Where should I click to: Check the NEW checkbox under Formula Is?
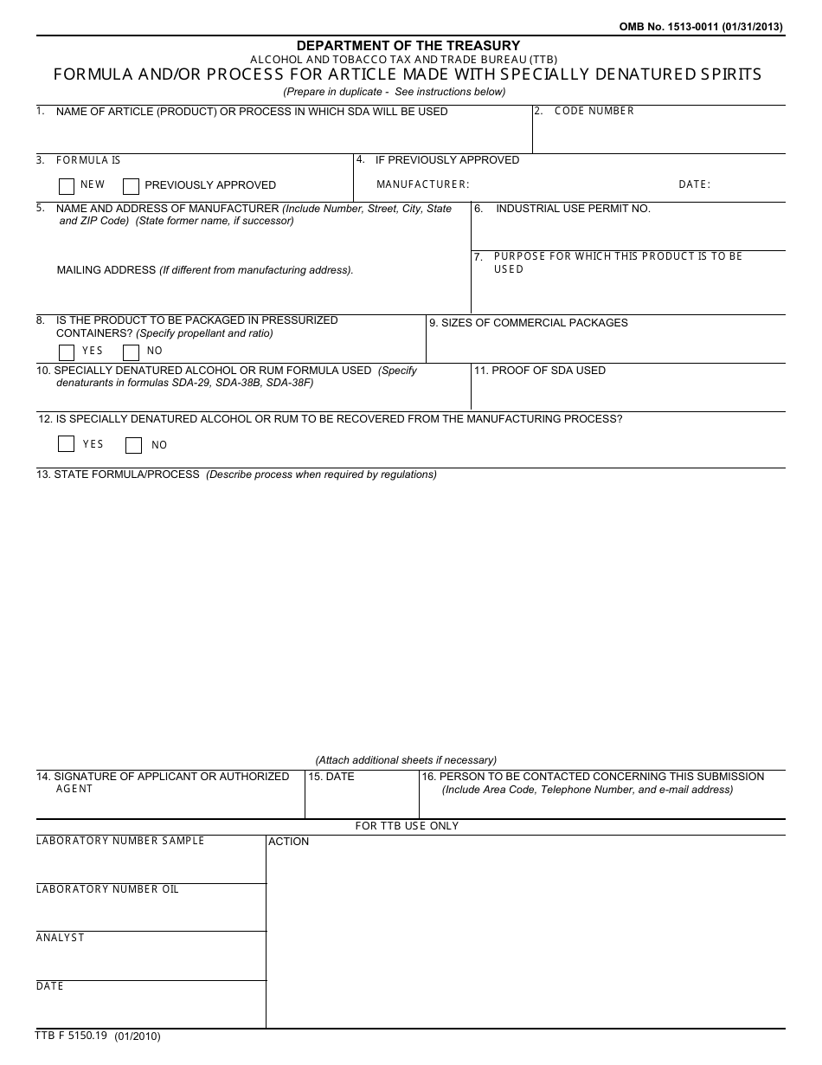[67, 186]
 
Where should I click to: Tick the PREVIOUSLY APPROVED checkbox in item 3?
[132, 186]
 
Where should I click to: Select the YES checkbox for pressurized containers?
[67, 352]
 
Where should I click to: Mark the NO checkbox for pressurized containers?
[132, 352]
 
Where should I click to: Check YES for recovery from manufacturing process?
[67, 444]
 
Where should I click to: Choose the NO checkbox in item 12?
[133, 445]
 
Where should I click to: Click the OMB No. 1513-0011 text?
[701, 27]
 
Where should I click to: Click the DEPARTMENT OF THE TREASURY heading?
[408, 45]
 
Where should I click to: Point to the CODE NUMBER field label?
[594, 111]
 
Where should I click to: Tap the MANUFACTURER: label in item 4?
[423, 184]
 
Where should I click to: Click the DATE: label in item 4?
[694, 184]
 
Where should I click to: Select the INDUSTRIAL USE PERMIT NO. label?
[573, 209]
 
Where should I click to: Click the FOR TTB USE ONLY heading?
[407, 826]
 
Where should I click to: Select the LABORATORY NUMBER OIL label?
[107, 889]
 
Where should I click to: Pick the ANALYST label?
[61, 938]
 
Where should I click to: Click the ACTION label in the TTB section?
[289, 842]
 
